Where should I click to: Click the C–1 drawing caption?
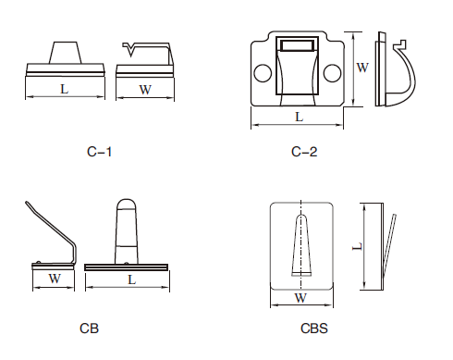click(99, 152)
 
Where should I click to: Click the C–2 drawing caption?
click(304, 152)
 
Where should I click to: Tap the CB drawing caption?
click(89, 329)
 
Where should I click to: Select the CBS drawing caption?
click(314, 329)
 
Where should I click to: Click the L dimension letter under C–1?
click(64, 89)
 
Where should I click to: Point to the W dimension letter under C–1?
click(145, 90)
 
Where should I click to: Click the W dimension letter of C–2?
click(362, 68)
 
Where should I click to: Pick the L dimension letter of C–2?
click(299, 117)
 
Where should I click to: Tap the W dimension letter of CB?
click(55, 279)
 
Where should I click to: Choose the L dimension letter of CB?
click(131, 279)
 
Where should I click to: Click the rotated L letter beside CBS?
click(357, 246)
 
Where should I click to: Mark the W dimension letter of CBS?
click(300, 298)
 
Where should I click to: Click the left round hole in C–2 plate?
click(263, 73)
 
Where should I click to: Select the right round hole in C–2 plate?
click(333, 73)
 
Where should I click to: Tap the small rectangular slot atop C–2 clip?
click(298, 45)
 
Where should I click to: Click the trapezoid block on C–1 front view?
click(65, 53)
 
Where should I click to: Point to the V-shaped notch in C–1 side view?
click(130, 50)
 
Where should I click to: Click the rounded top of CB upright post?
click(127, 205)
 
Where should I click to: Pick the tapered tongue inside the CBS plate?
click(301, 245)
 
